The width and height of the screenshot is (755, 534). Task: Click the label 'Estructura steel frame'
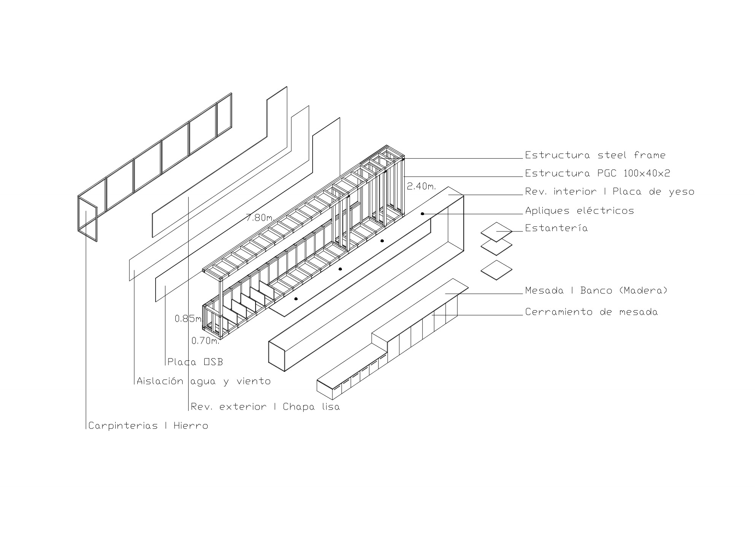point(595,155)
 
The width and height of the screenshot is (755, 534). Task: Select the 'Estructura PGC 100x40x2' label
point(598,174)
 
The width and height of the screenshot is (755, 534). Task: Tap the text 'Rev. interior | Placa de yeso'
point(610,191)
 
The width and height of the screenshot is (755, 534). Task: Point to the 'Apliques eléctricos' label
point(580,210)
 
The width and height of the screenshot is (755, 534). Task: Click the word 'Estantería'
point(556,228)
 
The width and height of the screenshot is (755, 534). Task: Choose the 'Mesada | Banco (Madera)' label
point(596,291)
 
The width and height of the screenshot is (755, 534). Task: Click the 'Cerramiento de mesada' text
point(591,312)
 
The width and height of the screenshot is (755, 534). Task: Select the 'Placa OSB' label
point(195,362)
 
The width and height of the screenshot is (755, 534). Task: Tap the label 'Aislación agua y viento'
point(203,381)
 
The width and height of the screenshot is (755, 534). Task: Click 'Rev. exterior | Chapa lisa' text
point(265,407)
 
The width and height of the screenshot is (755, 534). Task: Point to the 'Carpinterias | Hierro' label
point(148,426)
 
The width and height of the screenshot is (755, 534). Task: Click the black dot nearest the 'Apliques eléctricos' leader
point(422,214)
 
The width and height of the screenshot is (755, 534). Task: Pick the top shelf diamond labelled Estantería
point(497,232)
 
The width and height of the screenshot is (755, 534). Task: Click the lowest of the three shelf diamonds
point(497,270)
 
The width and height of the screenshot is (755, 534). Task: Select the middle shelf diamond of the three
point(497,247)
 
